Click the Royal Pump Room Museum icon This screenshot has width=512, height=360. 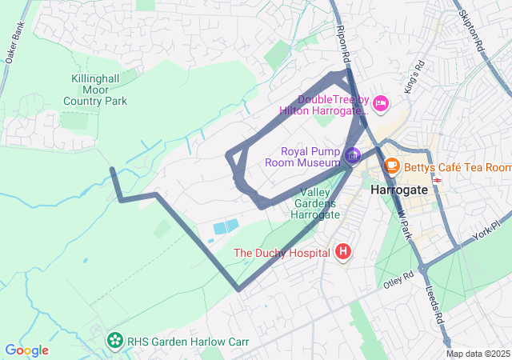(353, 154)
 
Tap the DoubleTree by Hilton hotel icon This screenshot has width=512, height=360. (381, 102)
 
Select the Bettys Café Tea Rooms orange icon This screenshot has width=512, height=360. (392, 166)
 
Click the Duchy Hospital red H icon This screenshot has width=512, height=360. (343, 253)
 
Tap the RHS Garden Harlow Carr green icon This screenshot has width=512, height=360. (116, 340)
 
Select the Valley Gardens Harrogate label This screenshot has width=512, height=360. (320, 203)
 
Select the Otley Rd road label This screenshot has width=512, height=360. (397, 279)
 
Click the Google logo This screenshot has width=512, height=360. (26, 350)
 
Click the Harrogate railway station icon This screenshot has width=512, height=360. (438, 179)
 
